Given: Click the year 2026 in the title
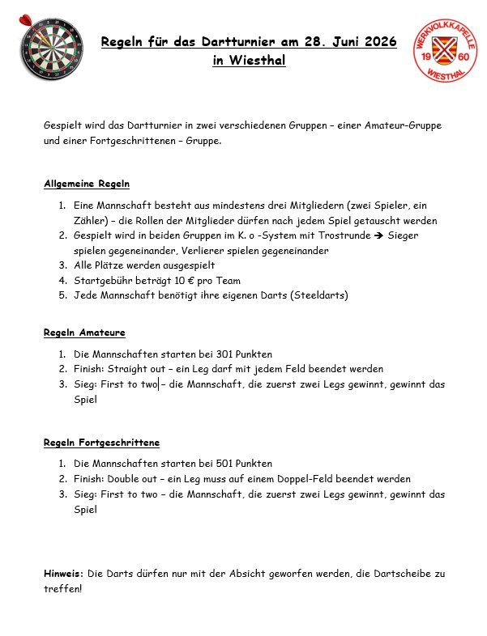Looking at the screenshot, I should tap(376, 42).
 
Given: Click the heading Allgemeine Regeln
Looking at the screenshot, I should tap(87, 184).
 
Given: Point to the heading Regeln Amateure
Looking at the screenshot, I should tap(84, 333).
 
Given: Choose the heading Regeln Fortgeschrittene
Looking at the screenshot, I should tap(101, 443).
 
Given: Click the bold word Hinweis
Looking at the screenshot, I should tap(63, 574).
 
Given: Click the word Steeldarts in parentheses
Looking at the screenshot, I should tap(322, 295).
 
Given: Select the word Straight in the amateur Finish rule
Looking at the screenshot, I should tap(129, 368).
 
